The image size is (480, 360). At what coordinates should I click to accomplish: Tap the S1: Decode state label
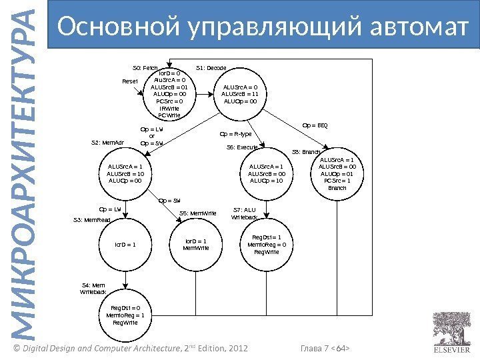click(x=212, y=68)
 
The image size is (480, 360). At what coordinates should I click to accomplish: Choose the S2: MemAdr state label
click(x=107, y=142)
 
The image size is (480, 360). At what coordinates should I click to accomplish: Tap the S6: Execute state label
click(x=243, y=147)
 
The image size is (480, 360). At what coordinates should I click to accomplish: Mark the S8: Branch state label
click(x=307, y=152)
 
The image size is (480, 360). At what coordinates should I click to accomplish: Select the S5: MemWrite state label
click(x=199, y=213)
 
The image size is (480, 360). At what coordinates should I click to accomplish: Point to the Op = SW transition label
click(x=171, y=200)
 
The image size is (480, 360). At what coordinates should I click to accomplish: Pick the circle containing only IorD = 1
click(x=125, y=244)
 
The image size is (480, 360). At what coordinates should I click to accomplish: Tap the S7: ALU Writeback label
click(x=245, y=213)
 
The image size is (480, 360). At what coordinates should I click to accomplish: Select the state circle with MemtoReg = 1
click(x=125, y=315)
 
